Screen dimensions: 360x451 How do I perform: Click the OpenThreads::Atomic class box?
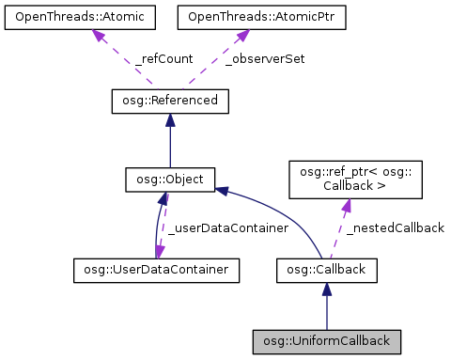(70, 17)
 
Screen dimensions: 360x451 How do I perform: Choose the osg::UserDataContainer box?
(155, 271)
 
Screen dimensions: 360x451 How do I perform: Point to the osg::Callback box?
(326, 271)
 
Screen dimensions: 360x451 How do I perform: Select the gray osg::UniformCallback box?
(326, 339)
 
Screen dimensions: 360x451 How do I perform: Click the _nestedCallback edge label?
(394, 227)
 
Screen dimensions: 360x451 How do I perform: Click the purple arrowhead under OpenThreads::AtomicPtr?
(241, 35)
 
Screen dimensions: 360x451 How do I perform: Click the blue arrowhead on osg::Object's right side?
(222, 191)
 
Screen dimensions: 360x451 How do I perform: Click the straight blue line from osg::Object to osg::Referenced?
(169, 146)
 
